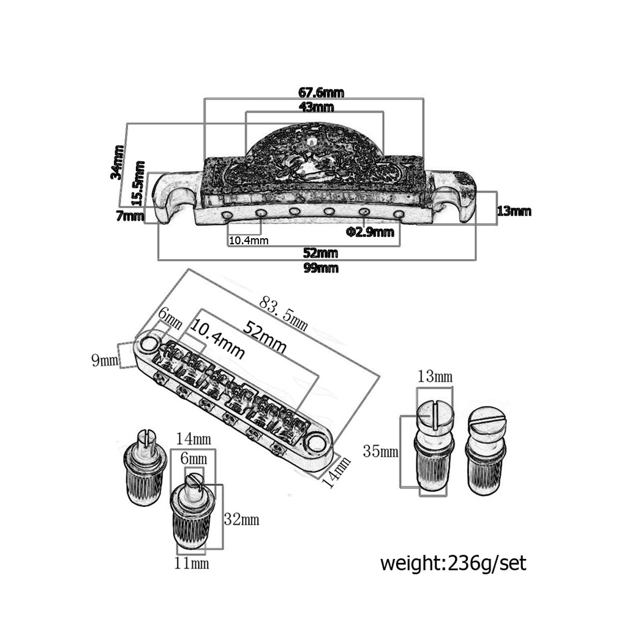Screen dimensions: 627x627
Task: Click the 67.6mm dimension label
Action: pos(321,93)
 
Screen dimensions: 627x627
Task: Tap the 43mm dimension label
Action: pos(316,107)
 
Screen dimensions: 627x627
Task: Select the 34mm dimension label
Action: pos(118,162)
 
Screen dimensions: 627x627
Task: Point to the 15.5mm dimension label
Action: pos(138,183)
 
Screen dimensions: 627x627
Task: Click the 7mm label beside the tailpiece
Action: pos(130,216)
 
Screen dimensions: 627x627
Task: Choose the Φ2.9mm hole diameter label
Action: pos(370,232)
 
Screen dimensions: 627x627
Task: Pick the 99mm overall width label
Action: pos(321,268)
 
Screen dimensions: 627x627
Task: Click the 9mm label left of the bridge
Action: pos(105,360)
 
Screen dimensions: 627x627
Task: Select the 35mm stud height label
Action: pos(381,451)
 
